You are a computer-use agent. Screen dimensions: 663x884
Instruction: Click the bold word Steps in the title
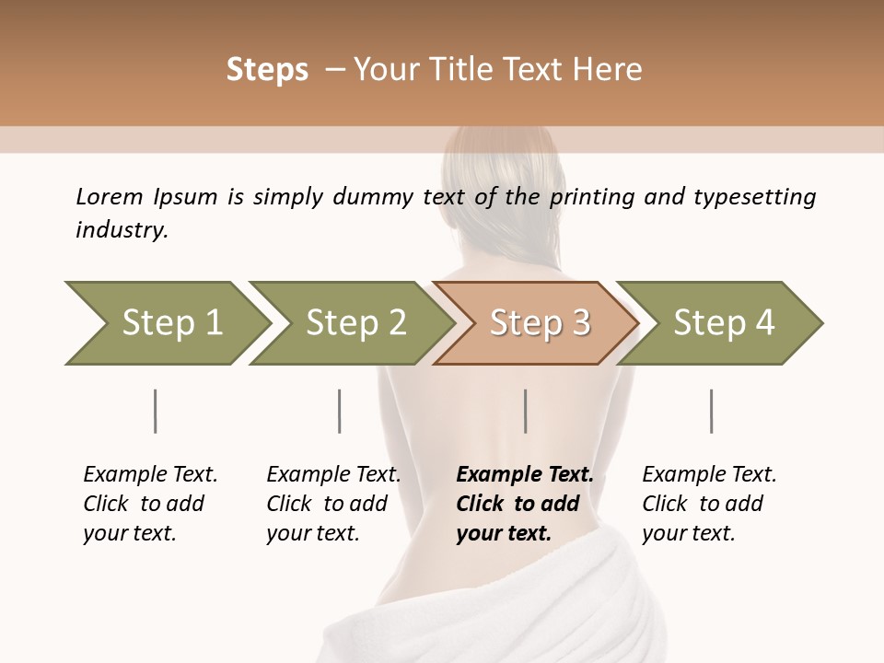click(267, 70)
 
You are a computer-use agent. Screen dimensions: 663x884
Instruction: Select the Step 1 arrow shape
click(166, 323)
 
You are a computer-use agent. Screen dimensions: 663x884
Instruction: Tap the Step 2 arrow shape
click(350, 323)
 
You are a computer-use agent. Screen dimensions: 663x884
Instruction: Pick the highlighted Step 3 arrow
click(537, 323)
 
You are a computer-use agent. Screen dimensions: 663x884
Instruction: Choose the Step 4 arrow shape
click(721, 323)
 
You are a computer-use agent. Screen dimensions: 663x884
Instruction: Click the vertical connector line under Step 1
click(155, 411)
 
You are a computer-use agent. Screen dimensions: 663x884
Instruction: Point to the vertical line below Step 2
click(340, 411)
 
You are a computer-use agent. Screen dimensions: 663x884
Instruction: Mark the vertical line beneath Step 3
click(525, 411)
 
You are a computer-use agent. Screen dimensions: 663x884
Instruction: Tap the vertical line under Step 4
click(711, 411)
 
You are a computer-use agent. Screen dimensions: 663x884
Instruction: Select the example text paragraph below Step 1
click(149, 504)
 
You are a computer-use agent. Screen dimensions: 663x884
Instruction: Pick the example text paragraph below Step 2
click(332, 504)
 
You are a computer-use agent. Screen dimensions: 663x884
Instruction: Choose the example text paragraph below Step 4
click(708, 504)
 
